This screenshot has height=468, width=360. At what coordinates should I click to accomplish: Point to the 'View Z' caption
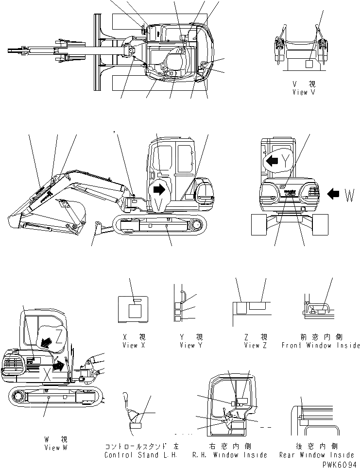tap(249, 345)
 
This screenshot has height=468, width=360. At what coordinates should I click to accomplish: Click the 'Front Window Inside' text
tap(320, 345)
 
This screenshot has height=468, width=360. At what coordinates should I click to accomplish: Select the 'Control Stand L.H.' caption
tap(138, 455)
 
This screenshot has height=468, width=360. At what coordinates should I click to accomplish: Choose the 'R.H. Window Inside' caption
tap(229, 455)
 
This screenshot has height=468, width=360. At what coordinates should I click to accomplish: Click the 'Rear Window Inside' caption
tap(317, 455)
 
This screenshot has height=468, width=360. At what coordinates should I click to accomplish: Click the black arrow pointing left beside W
tap(334, 195)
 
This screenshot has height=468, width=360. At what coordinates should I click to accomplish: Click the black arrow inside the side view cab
tap(159, 190)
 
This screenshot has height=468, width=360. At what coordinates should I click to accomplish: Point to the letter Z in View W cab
tap(58, 334)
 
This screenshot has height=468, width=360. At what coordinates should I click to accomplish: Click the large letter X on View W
tap(47, 373)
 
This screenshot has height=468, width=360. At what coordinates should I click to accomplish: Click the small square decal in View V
tap(309, 64)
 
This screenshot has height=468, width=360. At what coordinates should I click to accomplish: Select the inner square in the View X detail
tap(133, 311)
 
